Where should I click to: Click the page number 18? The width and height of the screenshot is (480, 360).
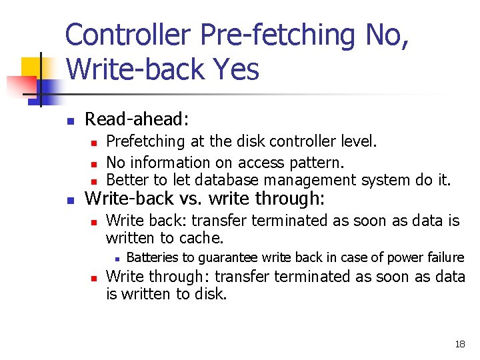pos(460,344)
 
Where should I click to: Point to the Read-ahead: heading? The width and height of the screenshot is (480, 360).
pos(137,119)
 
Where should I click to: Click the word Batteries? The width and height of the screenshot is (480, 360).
pos(151,257)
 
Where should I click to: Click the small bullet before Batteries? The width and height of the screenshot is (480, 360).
pos(116,259)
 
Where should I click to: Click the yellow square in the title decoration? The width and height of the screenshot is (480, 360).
pos(32,68)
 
